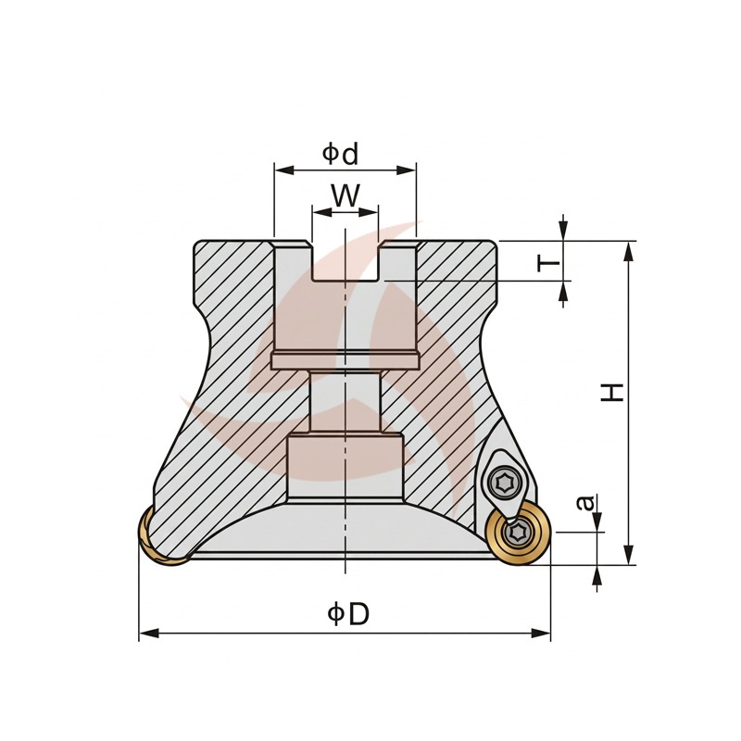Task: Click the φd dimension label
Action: coord(340,154)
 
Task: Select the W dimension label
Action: coord(345,195)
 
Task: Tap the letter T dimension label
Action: coord(548,262)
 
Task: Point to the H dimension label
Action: coord(612,393)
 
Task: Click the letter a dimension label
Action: coord(586,502)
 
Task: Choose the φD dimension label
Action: coord(348,614)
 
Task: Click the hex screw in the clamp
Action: coord(504,483)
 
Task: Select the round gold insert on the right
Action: coord(520,534)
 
